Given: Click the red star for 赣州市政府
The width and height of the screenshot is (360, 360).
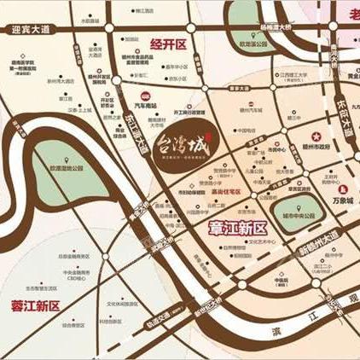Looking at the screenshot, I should (315, 137).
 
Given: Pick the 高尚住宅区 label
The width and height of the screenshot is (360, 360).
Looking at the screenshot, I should (225, 193).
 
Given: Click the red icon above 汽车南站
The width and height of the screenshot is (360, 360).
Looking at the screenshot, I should (146, 96).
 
